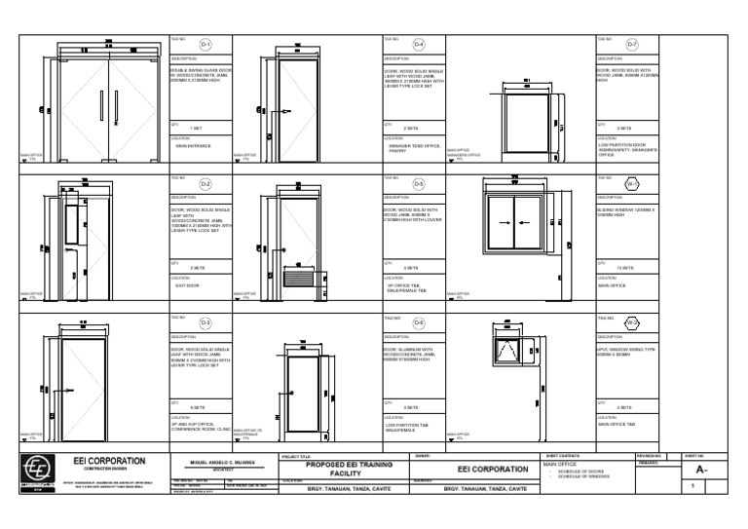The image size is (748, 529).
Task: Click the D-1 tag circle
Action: pos(206,45)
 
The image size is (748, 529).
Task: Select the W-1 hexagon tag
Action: pos(631,183)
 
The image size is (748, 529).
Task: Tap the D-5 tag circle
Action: pos(419,183)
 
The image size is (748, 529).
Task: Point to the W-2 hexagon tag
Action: pos(631,321)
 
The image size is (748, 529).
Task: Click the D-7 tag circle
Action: pos(631,45)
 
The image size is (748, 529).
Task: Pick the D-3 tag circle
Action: pos(206,321)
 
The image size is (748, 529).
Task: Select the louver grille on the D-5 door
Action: pos(300,278)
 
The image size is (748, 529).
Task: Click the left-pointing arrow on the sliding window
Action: pos(504,223)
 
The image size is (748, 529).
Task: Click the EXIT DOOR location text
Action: pos(188,285)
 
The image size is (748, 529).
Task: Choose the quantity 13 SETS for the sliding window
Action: pos(624,267)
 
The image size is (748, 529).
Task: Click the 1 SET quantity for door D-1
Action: pos(196,128)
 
